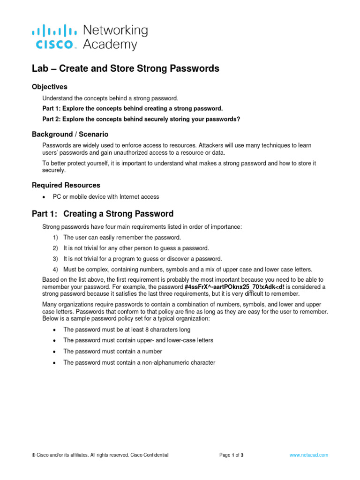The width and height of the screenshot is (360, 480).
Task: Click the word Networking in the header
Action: (x=115, y=31)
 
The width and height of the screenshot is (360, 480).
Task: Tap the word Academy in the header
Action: (x=110, y=45)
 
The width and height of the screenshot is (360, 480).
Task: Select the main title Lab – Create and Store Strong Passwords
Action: (x=125, y=68)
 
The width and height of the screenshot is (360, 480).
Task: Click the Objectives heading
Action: (x=49, y=87)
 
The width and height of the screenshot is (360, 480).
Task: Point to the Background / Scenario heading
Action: (x=70, y=135)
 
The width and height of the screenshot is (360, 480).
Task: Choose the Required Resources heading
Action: (x=66, y=185)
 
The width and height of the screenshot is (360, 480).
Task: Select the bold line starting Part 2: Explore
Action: (x=141, y=119)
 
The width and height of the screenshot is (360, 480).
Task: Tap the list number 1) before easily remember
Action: (x=55, y=238)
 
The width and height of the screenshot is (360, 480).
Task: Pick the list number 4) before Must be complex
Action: (x=55, y=270)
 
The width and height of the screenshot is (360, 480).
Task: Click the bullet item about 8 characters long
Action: (x=127, y=330)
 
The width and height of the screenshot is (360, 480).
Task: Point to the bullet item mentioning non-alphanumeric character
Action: (x=139, y=362)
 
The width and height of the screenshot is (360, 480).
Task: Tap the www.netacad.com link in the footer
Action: (x=309, y=455)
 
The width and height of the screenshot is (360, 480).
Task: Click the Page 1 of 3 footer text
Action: (x=232, y=455)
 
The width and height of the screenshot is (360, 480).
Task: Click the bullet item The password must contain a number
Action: (x=112, y=352)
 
